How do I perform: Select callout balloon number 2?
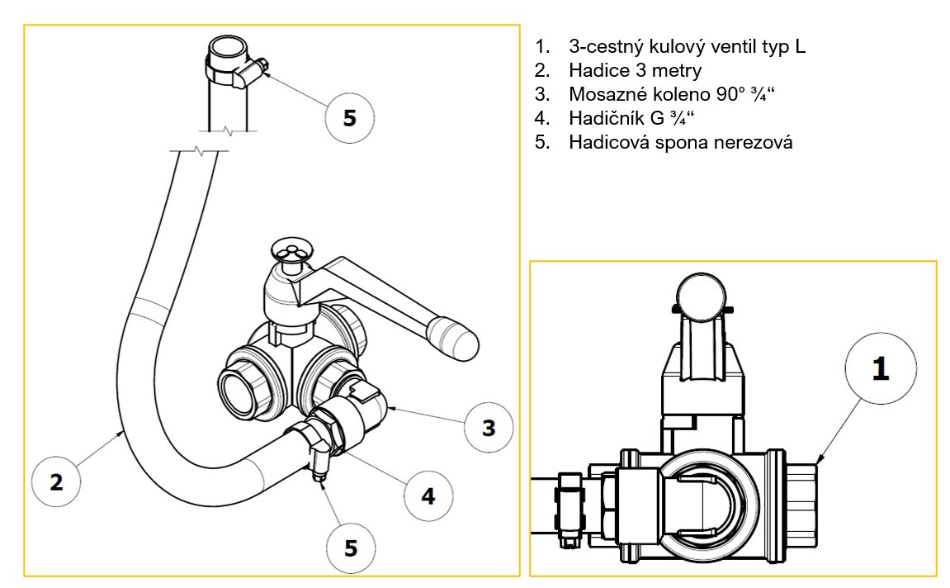(x=56, y=481)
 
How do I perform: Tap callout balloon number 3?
(x=489, y=428)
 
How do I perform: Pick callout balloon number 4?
(x=428, y=496)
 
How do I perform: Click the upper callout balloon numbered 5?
(x=349, y=118)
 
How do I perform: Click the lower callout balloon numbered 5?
(x=349, y=548)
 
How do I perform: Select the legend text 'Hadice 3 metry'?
(x=635, y=71)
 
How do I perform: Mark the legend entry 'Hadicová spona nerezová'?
(x=680, y=142)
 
